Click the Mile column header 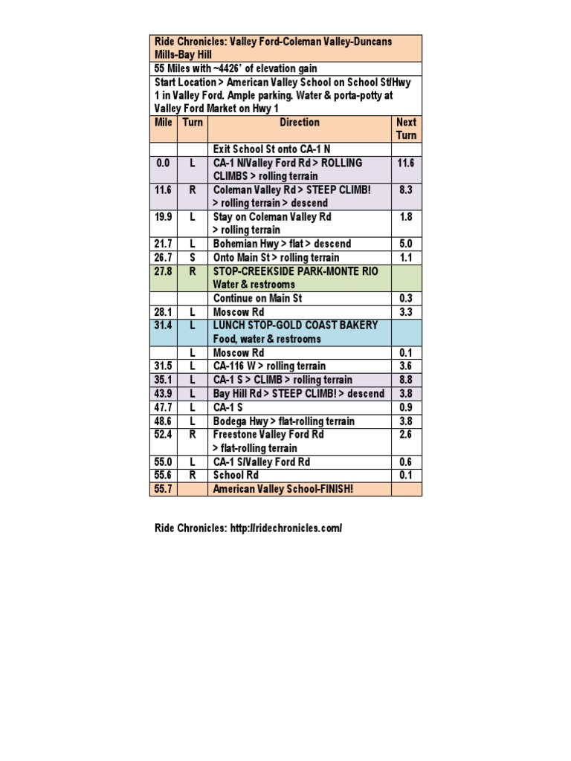[x=164, y=123]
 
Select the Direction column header [x=300, y=123]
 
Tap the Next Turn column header [x=407, y=129]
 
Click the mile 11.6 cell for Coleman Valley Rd [x=164, y=190]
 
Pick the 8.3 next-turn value [x=407, y=190]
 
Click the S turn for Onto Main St [x=193, y=257]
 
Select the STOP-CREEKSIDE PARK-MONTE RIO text [x=295, y=271]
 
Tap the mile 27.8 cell [x=164, y=271]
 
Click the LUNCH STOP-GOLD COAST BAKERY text [x=295, y=326]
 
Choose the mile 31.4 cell [x=164, y=326]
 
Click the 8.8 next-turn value [x=407, y=380]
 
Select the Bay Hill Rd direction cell [x=299, y=393]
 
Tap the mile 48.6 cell [x=164, y=421]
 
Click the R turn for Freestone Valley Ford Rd [x=193, y=434]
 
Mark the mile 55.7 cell [x=164, y=489]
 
